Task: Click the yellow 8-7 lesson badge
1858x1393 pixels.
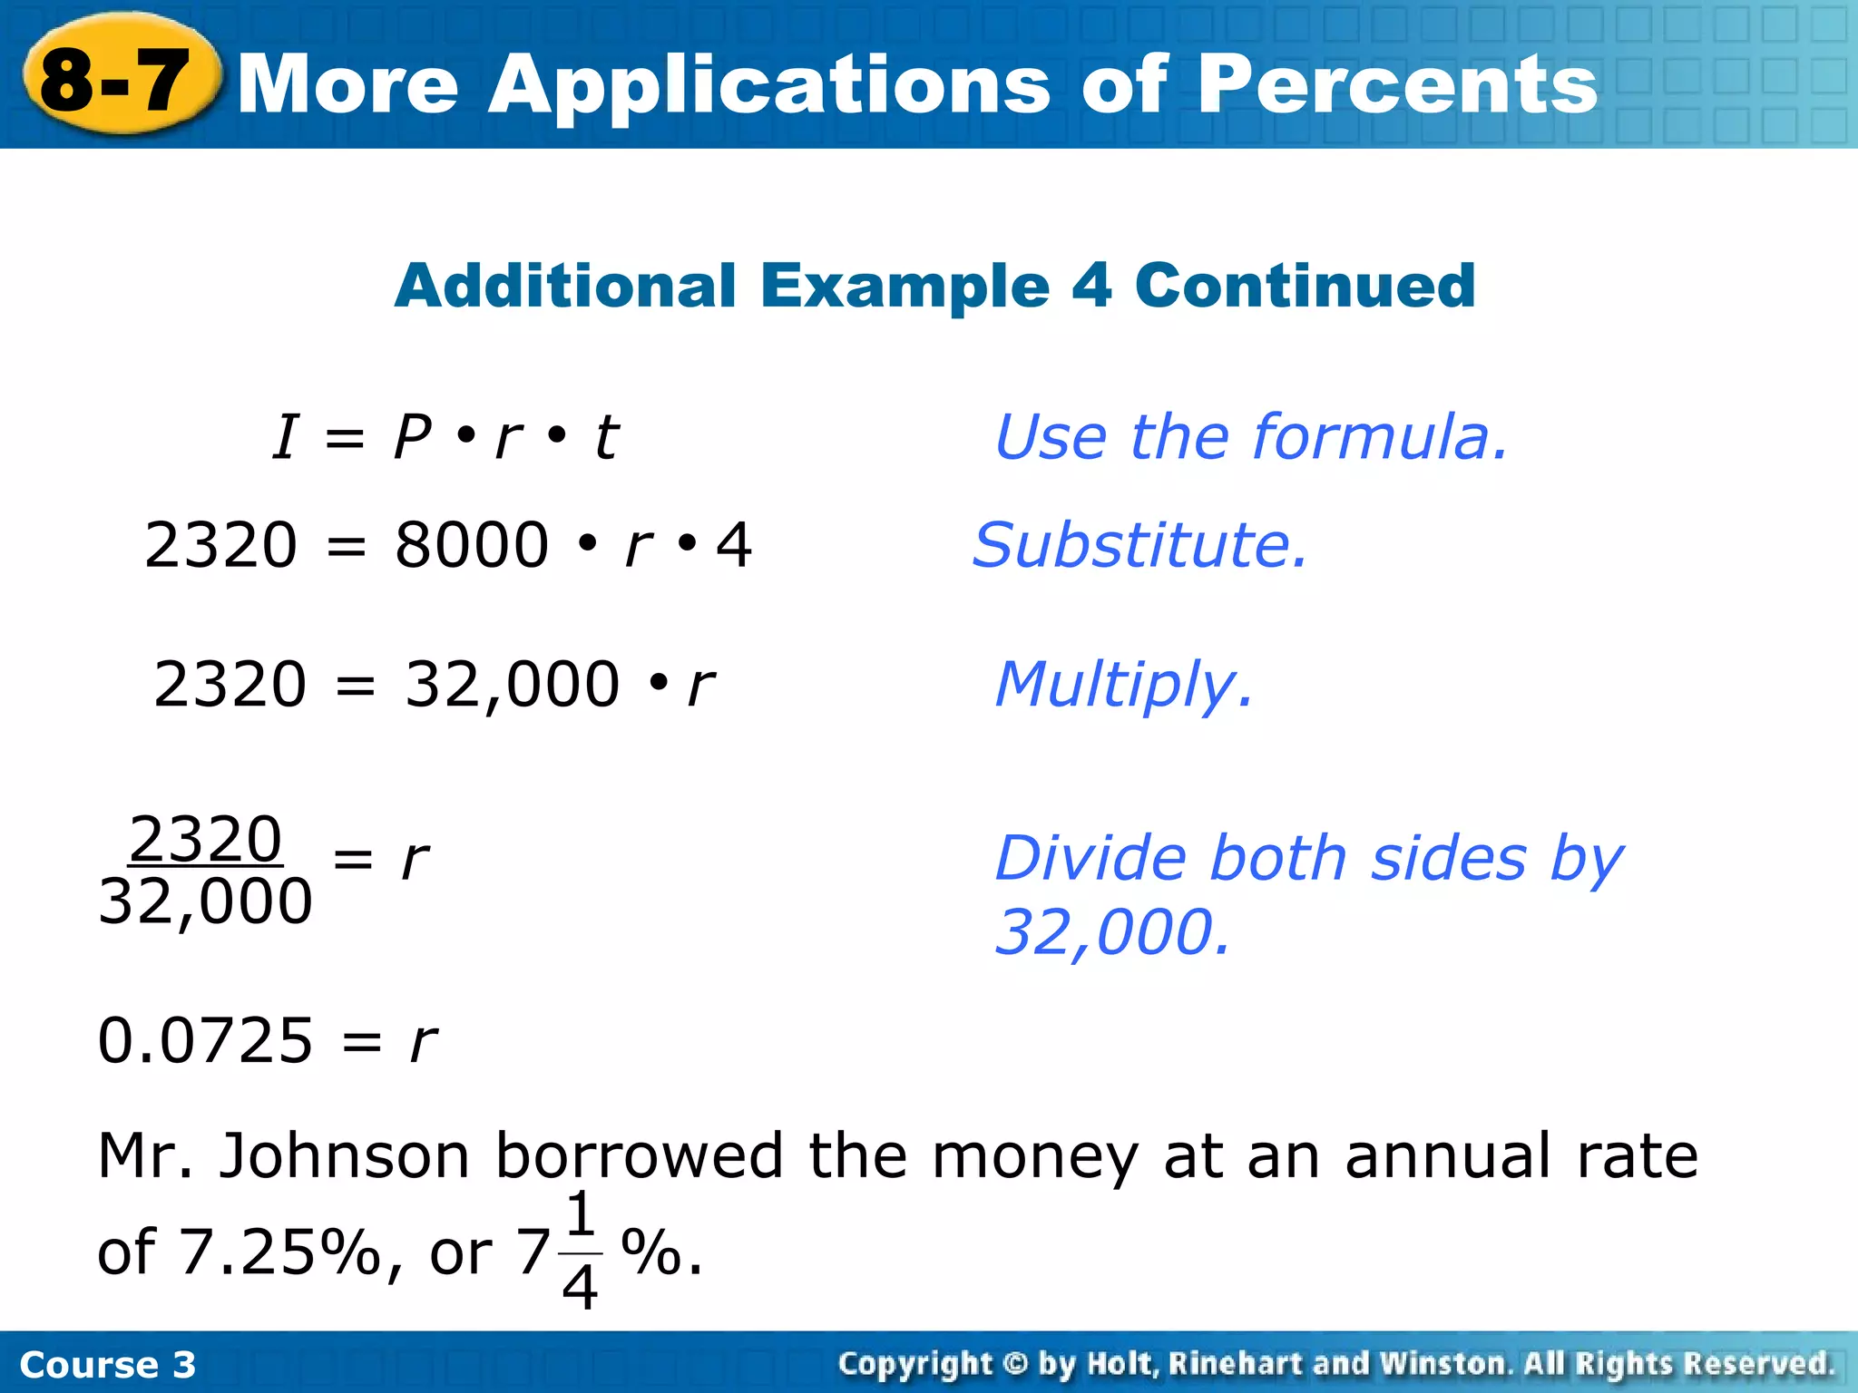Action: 117,81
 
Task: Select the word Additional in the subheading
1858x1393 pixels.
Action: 565,286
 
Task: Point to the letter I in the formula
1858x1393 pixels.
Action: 286,437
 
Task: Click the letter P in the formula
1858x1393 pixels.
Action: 413,437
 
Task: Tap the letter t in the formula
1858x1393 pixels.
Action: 606,437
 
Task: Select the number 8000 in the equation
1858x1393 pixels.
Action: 472,546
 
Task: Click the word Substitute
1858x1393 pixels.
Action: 1139,546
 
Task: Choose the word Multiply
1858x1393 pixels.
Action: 1124,685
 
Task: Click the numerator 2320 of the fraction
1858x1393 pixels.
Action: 206,840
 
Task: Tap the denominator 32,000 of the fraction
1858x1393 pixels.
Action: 206,902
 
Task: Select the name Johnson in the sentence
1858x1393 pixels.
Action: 345,1156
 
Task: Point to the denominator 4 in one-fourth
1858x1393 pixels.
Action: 580,1286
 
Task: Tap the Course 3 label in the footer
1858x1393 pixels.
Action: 107,1365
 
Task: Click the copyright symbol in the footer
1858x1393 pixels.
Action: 1015,1364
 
